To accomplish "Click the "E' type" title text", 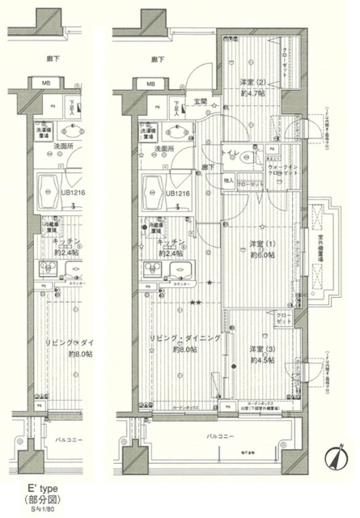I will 42,488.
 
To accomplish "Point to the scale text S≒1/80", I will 42,510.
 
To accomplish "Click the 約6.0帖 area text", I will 262,255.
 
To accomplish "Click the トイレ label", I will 228,153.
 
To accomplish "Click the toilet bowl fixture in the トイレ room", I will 248,157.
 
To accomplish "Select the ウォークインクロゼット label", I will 282,170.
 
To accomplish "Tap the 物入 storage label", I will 229,181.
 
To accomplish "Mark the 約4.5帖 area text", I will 262,360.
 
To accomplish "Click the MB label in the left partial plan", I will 46,83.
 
